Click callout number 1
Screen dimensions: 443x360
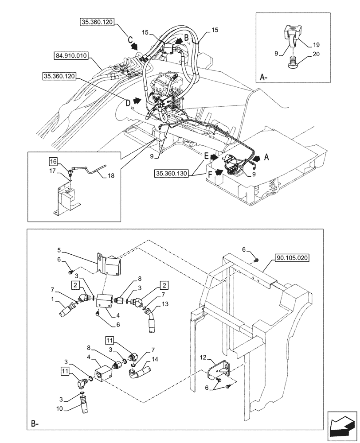point(54,299)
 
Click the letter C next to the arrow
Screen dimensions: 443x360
point(130,39)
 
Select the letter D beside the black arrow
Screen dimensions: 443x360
point(128,103)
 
